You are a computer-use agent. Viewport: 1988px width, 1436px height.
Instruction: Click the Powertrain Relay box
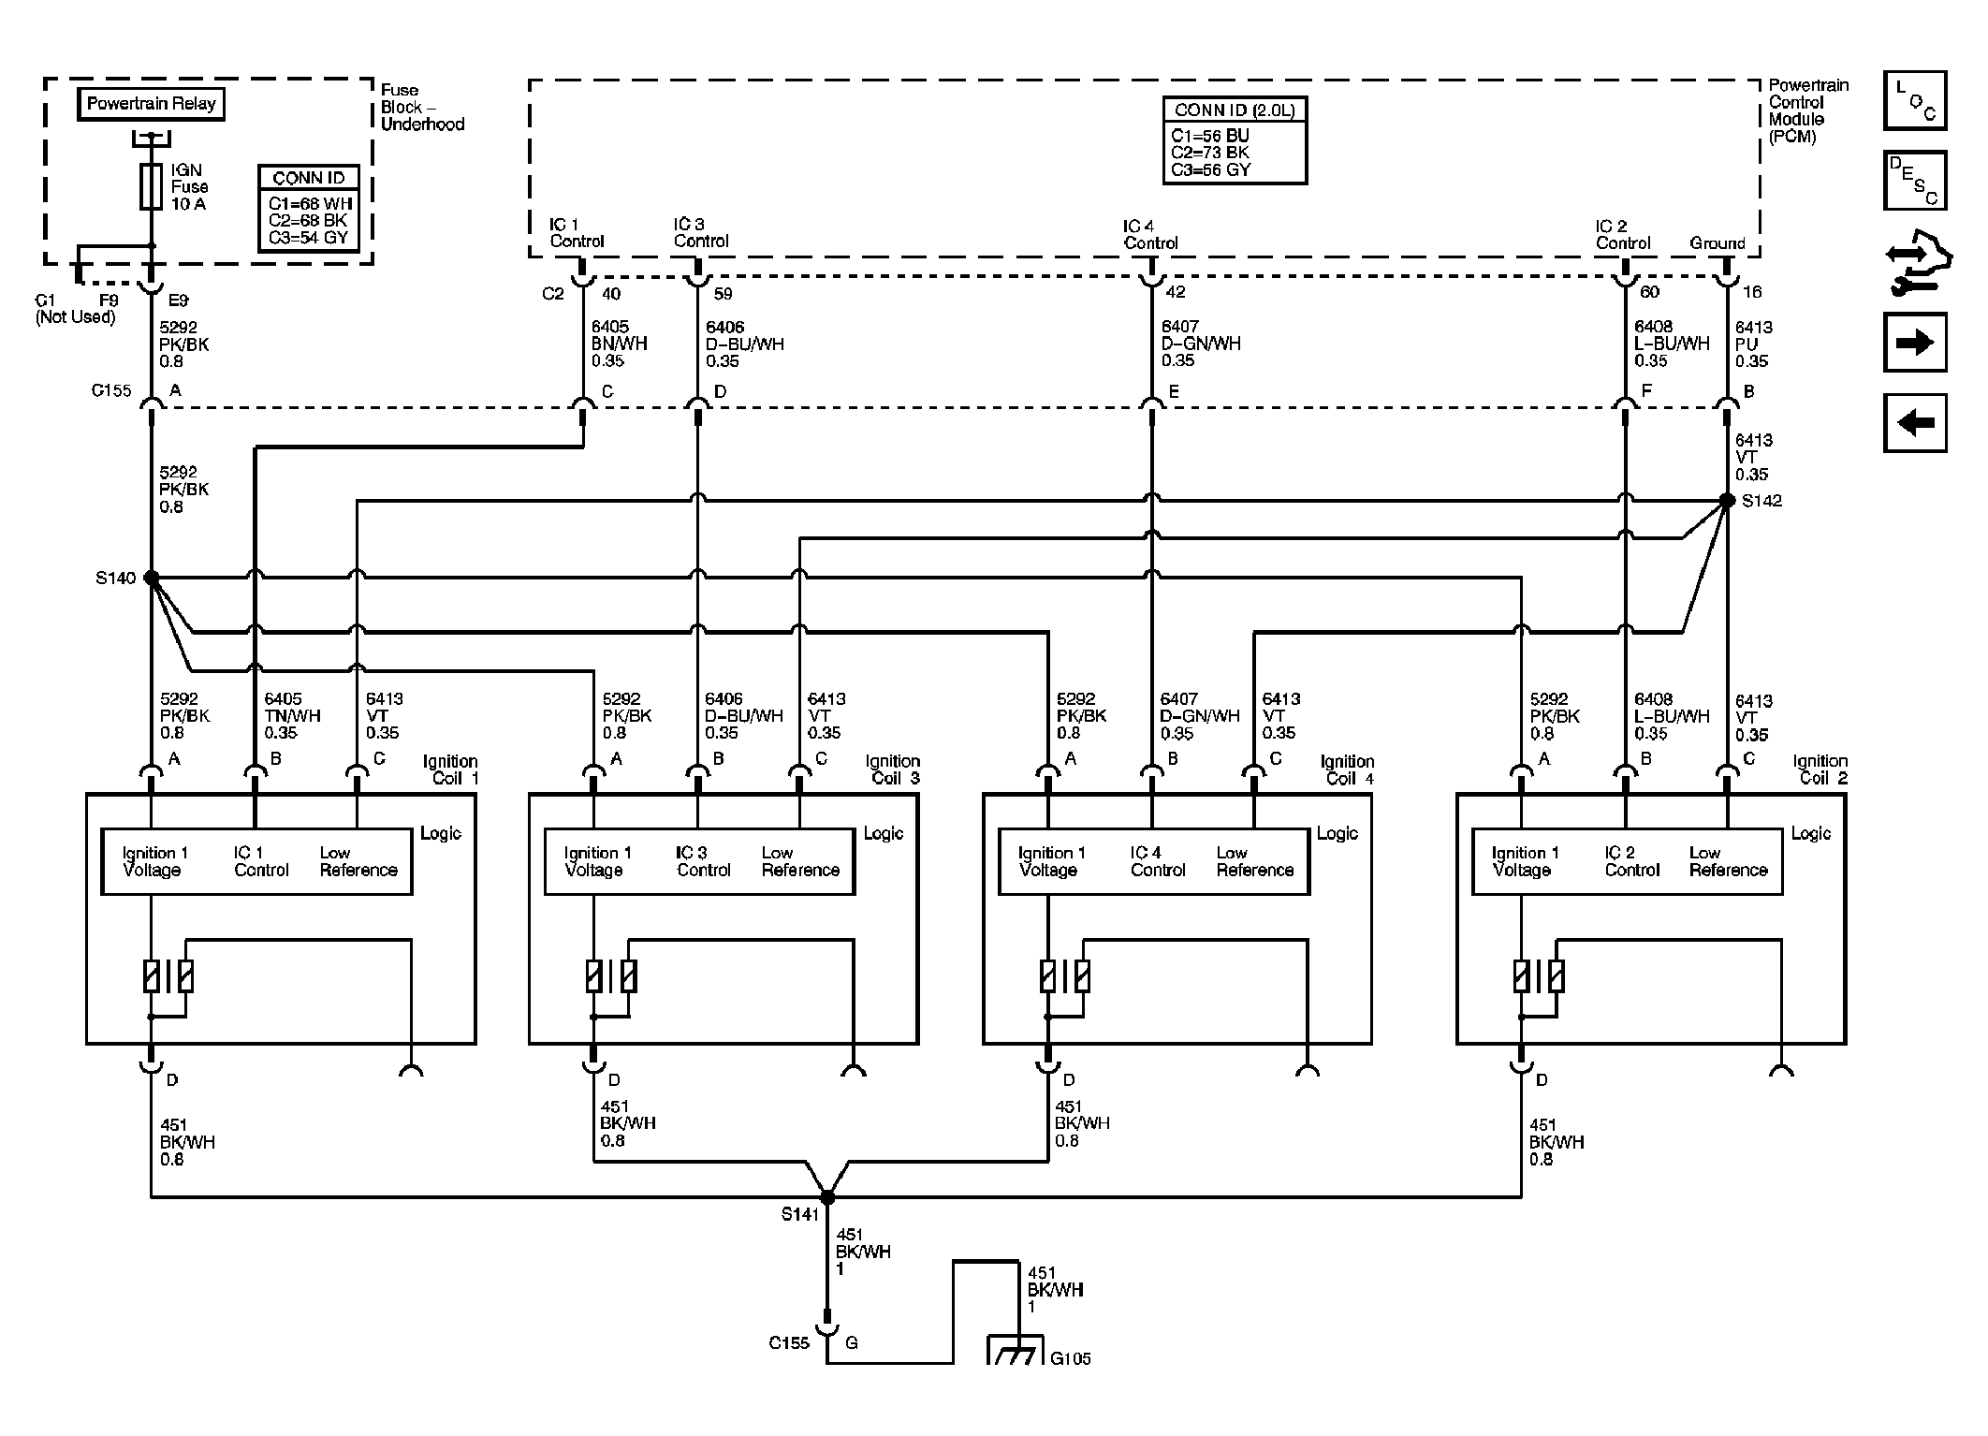click(151, 104)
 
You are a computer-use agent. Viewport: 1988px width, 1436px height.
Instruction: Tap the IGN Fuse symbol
click(152, 186)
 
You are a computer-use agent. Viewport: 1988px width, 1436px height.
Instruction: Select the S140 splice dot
click(152, 578)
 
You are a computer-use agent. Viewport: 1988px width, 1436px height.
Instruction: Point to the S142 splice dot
click(1727, 501)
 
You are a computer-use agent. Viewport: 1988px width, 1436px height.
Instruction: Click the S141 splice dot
click(827, 1197)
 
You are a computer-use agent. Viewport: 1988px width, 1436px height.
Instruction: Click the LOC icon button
click(1915, 100)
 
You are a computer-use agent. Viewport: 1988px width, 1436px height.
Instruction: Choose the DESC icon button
click(1915, 180)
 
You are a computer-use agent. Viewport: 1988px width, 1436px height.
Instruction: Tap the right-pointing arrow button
click(1915, 342)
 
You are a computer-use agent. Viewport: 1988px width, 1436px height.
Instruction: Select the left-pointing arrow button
click(1915, 423)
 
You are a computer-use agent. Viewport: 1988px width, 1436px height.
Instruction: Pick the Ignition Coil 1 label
click(450, 769)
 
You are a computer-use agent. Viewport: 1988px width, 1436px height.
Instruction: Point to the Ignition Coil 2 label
click(1820, 769)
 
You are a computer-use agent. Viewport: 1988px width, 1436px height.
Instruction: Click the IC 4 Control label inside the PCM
click(1151, 235)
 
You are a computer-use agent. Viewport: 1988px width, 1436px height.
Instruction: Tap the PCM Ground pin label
click(1718, 243)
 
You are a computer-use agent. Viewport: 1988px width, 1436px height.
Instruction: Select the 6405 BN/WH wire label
click(619, 344)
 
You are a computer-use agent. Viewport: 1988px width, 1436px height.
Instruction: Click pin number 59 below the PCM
click(723, 293)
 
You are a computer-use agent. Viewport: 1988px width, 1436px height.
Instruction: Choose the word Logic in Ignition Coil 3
click(883, 833)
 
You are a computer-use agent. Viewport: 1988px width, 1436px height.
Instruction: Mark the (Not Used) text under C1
click(75, 317)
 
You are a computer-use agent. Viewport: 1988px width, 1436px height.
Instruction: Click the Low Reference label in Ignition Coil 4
click(1255, 861)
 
